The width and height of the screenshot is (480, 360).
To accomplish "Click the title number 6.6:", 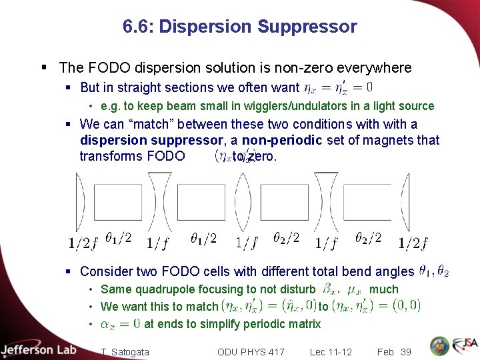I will pyautogui.click(x=139, y=27).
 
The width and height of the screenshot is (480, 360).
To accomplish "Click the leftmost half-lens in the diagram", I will pyautogui.click(x=80, y=203).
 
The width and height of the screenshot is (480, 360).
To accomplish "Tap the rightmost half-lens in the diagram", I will pyautogui.click(x=405, y=203).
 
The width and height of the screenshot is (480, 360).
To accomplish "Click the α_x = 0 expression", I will pyautogui.click(x=121, y=324).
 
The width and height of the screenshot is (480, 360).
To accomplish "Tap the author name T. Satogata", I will pyautogui.click(x=125, y=351).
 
